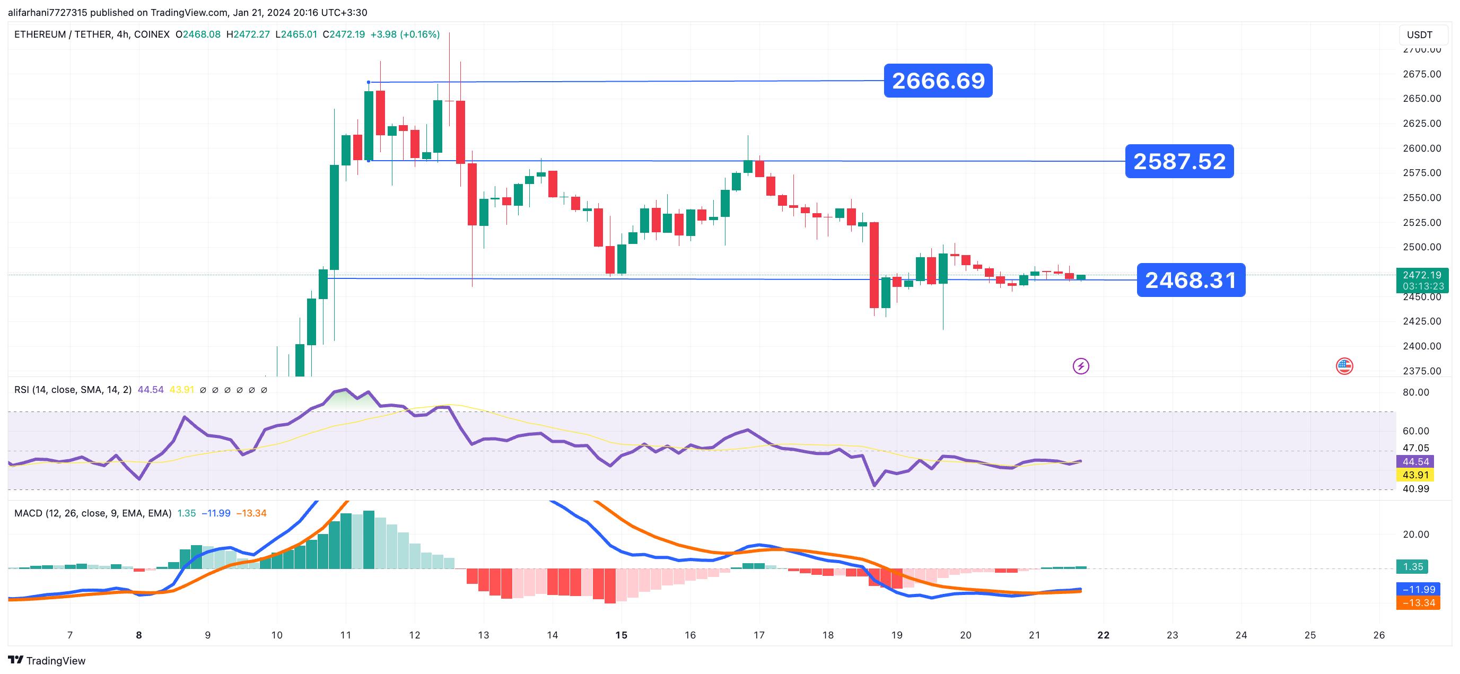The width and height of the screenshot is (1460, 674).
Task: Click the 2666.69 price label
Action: pyautogui.click(x=938, y=81)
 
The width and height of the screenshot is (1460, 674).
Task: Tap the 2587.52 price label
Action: pyautogui.click(x=1179, y=162)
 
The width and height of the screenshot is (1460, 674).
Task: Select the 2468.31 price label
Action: pyautogui.click(x=1190, y=280)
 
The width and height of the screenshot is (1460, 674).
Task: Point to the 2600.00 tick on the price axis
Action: pyautogui.click(x=1421, y=148)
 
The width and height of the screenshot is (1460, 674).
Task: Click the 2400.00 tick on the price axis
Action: pyautogui.click(x=1421, y=346)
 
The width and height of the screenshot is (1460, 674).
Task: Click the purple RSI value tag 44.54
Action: pyautogui.click(x=1415, y=461)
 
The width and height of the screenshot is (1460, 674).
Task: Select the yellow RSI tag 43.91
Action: pyautogui.click(x=1415, y=475)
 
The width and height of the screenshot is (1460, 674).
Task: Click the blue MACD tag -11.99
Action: pyautogui.click(x=1418, y=590)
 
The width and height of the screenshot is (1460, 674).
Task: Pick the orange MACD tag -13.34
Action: pyautogui.click(x=1418, y=602)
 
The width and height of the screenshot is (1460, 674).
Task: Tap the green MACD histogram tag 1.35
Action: pyautogui.click(x=1412, y=567)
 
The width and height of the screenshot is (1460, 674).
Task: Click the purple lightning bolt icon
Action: pyautogui.click(x=1080, y=366)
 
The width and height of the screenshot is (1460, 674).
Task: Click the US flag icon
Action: pyautogui.click(x=1344, y=366)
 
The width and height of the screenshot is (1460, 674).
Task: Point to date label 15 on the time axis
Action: pyautogui.click(x=621, y=635)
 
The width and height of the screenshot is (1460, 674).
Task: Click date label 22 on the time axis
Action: pyautogui.click(x=1103, y=635)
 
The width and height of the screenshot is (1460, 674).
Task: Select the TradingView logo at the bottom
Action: pyautogui.click(x=47, y=660)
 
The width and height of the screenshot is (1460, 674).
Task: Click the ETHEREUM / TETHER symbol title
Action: pyautogui.click(x=92, y=34)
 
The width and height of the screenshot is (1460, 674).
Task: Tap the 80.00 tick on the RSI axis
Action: pyautogui.click(x=1415, y=392)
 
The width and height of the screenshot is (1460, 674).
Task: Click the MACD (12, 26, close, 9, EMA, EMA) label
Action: pyautogui.click(x=93, y=513)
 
